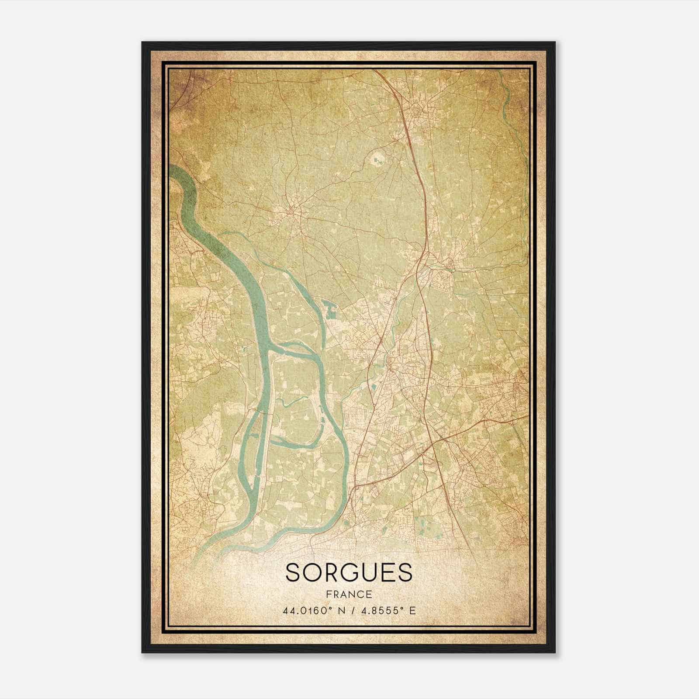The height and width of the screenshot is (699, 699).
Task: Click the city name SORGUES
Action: point(349,572)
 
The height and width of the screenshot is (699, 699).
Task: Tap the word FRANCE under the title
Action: point(349,595)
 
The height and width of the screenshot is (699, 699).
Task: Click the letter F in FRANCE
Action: point(329,595)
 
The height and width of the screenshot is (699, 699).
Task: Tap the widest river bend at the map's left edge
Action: point(183,183)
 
